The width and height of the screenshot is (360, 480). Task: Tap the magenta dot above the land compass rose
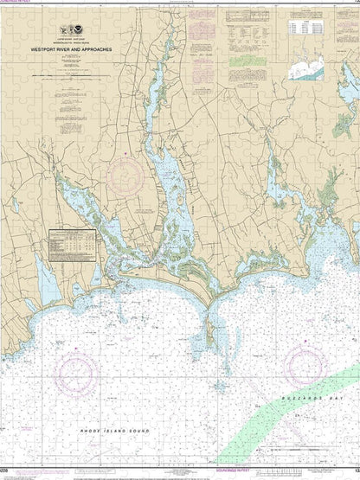tap(127, 154)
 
